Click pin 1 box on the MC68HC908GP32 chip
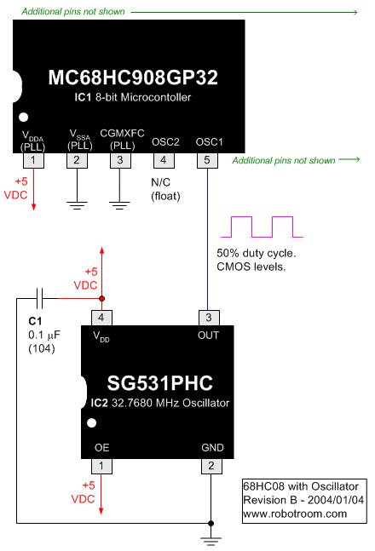[32, 160]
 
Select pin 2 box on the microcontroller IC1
[77, 160]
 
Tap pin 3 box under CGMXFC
[120, 160]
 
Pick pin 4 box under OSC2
[164, 160]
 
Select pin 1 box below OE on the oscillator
[101, 466]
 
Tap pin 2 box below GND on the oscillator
[209, 466]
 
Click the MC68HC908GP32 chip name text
[132, 77]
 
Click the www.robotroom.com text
[295, 514]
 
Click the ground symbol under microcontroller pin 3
[120, 205]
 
